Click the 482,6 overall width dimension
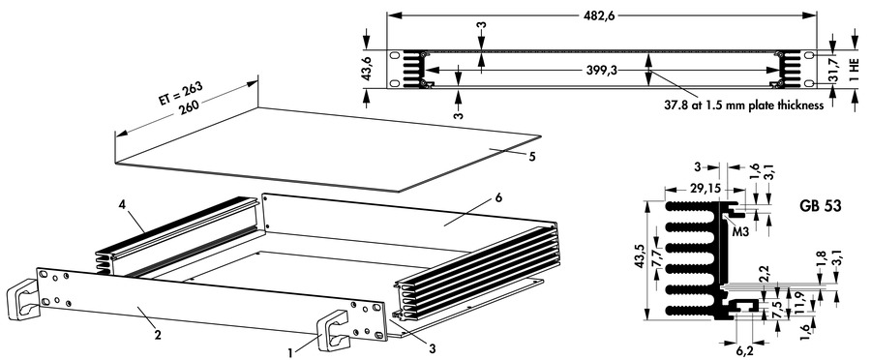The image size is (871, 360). [x=601, y=16]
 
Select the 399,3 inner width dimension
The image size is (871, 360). [x=602, y=71]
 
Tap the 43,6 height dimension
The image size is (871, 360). [x=367, y=70]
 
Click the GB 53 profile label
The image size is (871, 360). [x=821, y=206]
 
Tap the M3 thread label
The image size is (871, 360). [x=740, y=232]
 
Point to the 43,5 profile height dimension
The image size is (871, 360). [x=640, y=261]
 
